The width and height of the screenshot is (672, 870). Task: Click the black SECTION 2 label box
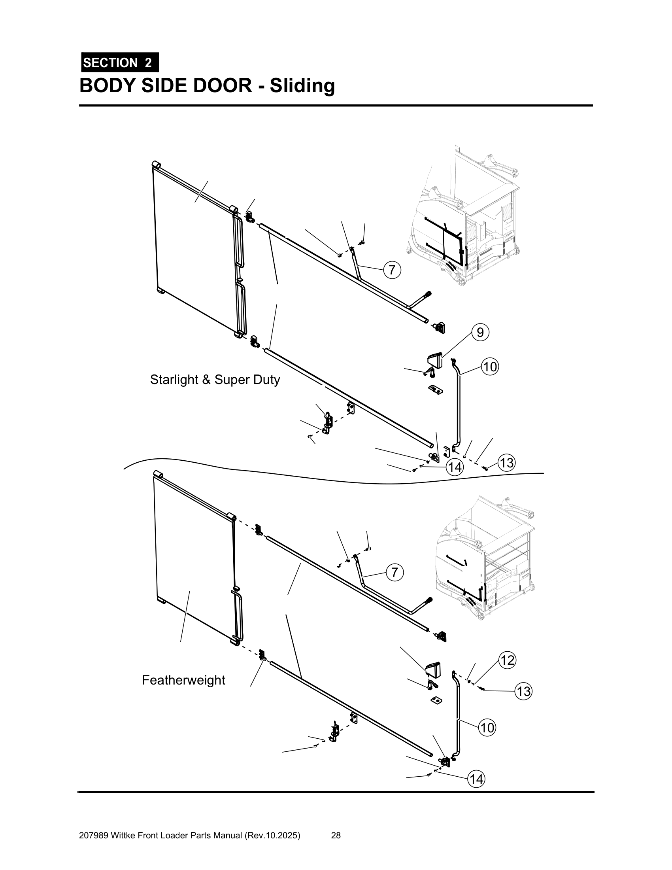click(x=119, y=62)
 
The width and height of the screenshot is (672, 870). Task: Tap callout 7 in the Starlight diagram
click(x=392, y=270)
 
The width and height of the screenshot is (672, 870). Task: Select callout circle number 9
click(x=480, y=332)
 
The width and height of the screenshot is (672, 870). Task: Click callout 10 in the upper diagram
click(x=490, y=367)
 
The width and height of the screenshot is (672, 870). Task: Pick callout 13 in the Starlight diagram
click(x=506, y=463)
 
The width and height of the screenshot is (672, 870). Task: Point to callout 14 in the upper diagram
click(x=455, y=467)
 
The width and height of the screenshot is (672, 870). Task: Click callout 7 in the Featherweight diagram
click(x=395, y=573)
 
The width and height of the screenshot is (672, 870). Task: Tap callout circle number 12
click(x=507, y=660)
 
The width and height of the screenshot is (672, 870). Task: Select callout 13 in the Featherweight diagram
click(x=523, y=691)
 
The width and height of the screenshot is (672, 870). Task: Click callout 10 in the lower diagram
click(x=487, y=728)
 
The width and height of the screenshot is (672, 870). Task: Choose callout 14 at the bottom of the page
click(x=476, y=779)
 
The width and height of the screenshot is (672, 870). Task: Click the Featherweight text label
click(x=183, y=680)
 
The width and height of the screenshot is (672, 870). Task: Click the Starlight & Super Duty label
click(x=215, y=380)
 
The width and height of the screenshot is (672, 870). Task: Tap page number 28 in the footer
click(x=336, y=835)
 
